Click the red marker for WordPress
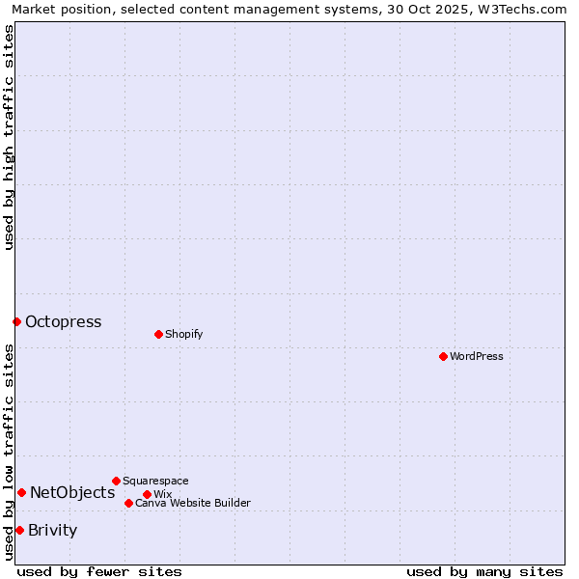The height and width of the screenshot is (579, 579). (x=443, y=356)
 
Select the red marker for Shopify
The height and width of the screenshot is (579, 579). (x=158, y=334)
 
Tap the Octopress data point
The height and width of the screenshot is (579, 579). (x=16, y=321)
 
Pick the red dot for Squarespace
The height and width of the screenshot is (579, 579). (x=116, y=481)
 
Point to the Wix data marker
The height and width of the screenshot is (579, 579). (x=147, y=494)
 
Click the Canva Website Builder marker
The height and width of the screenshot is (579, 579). (x=128, y=503)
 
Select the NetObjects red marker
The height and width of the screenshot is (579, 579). (x=21, y=492)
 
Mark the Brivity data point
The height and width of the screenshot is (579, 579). (x=19, y=530)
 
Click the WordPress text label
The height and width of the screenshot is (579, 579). (x=477, y=356)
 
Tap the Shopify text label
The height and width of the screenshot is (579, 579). (x=183, y=334)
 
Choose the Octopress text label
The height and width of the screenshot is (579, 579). (x=63, y=322)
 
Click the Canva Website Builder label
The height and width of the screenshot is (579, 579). (x=193, y=503)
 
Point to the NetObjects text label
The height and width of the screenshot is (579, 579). (x=72, y=493)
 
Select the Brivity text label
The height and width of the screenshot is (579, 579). (x=52, y=530)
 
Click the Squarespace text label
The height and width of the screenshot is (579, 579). (x=155, y=481)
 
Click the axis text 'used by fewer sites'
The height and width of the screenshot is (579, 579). (x=99, y=571)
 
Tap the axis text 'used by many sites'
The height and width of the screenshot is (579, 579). (x=484, y=571)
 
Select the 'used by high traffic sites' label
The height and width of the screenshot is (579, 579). (x=9, y=137)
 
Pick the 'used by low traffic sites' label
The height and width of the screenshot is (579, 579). (x=9, y=452)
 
